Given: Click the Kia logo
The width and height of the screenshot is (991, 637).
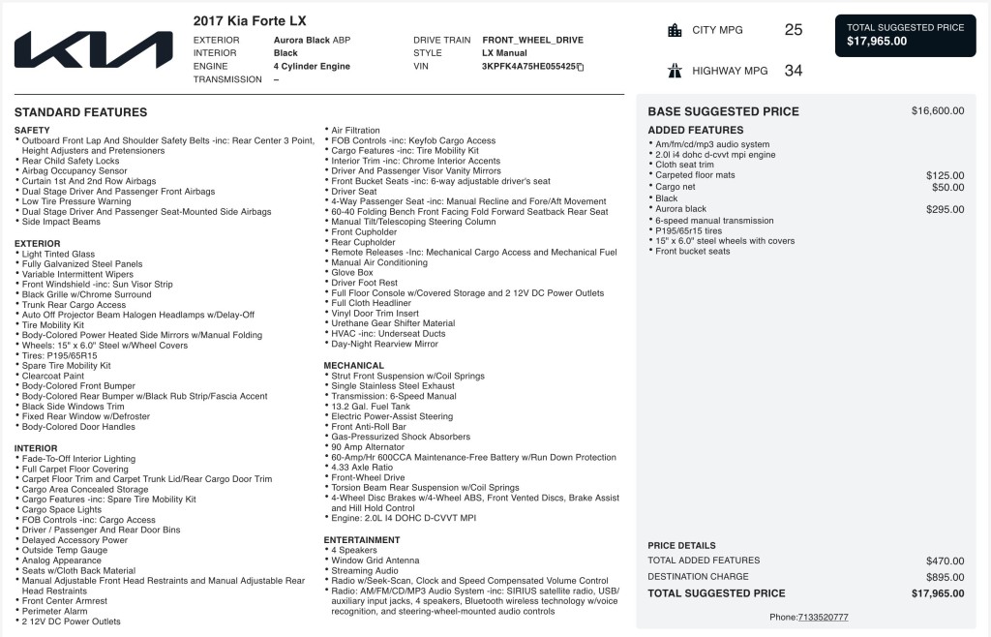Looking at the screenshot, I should [x=93, y=50].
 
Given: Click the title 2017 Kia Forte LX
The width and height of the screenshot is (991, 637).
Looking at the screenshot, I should [x=250, y=20].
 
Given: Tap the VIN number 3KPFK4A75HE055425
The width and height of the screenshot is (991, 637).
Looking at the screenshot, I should [x=528, y=67].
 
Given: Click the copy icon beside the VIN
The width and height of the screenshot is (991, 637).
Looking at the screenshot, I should [x=580, y=67].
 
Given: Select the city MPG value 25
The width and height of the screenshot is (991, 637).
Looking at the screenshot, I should [x=793, y=30].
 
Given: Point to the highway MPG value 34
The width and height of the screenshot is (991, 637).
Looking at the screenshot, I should [x=793, y=71].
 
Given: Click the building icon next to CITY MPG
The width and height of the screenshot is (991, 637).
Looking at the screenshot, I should [x=675, y=30].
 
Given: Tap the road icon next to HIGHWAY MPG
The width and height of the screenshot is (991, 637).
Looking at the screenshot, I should [x=675, y=71].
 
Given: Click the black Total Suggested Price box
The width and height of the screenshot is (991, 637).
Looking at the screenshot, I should [x=905, y=35].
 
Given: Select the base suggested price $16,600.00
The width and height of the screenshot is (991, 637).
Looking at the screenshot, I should [x=937, y=111].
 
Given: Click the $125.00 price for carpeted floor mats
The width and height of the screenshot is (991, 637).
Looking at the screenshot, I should [x=945, y=175].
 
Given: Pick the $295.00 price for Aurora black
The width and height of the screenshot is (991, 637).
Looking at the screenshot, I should [x=945, y=209].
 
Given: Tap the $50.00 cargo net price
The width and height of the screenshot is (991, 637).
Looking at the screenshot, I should [x=947, y=187].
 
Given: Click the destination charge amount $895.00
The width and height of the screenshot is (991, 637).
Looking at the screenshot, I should [x=945, y=577].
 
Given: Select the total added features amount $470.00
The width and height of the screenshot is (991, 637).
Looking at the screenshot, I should [x=945, y=561].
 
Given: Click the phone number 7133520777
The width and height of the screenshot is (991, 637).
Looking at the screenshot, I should [x=823, y=617].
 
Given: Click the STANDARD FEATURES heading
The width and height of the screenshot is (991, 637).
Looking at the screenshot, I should [x=80, y=112].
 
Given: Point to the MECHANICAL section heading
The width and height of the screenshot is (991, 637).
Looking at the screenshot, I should [x=354, y=366].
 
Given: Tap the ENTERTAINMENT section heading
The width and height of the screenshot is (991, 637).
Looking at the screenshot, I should [x=362, y=540].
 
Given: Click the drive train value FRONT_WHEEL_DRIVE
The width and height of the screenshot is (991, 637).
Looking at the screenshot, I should [x=532, y=41].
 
